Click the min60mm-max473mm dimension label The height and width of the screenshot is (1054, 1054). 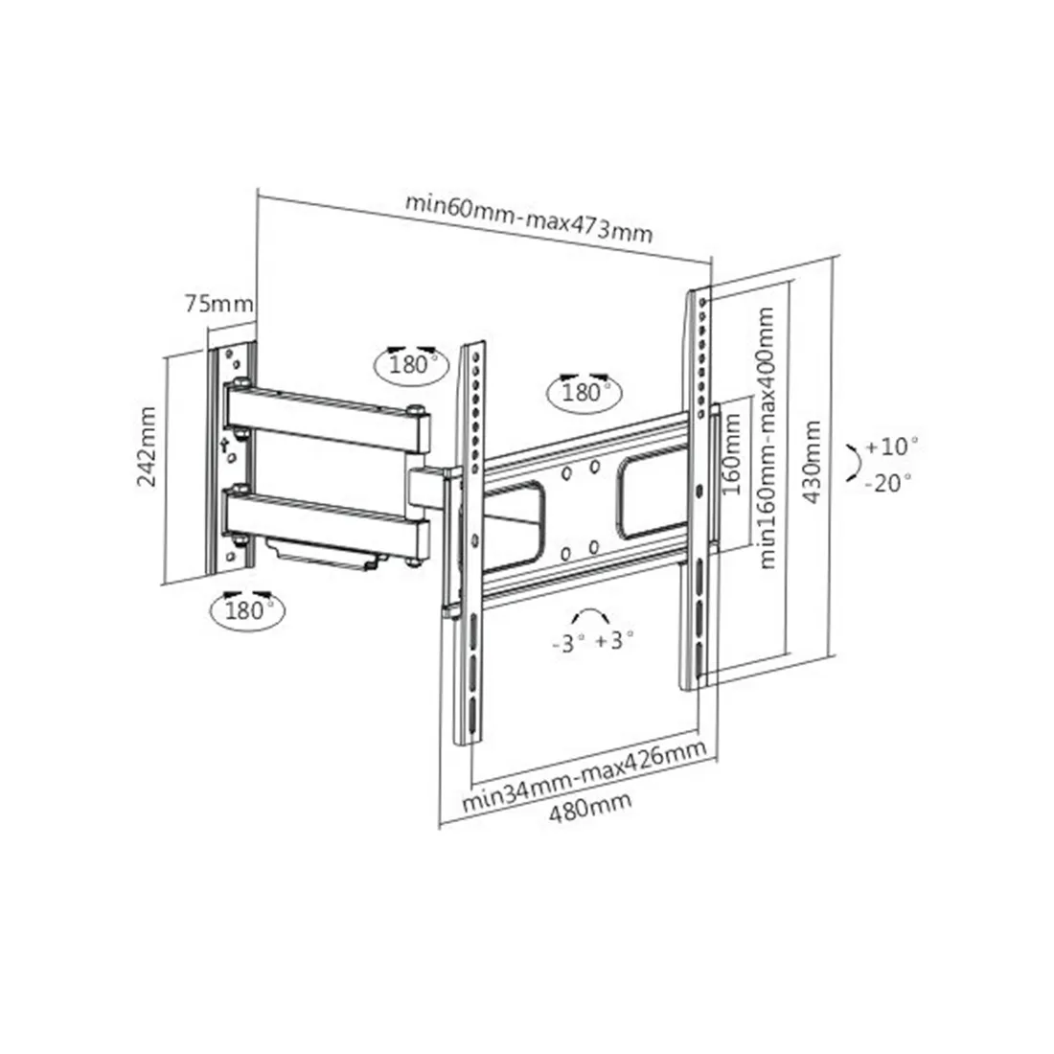point(528,218)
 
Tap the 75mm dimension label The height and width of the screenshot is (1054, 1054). point(219,304)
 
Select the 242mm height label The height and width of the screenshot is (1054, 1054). point(147,447)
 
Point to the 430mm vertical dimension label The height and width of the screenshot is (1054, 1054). point(813,462)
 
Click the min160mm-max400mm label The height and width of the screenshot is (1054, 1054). point(767,438)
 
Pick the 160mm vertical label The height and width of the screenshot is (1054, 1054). point(731,454)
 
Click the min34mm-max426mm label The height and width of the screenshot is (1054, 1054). point(584,776)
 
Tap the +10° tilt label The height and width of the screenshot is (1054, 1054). point(892,447)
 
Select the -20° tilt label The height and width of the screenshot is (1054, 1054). point(888,482)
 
